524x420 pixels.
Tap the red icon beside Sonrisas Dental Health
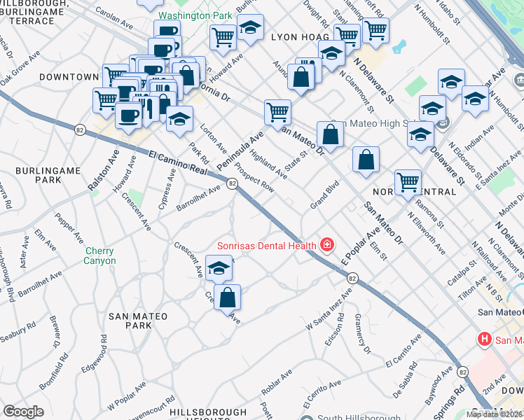(x=326, y=244)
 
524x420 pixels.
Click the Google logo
(x=23, y=412)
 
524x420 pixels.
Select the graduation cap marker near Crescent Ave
(x=220, y=268)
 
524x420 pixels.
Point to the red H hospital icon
(x=483, y=340)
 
